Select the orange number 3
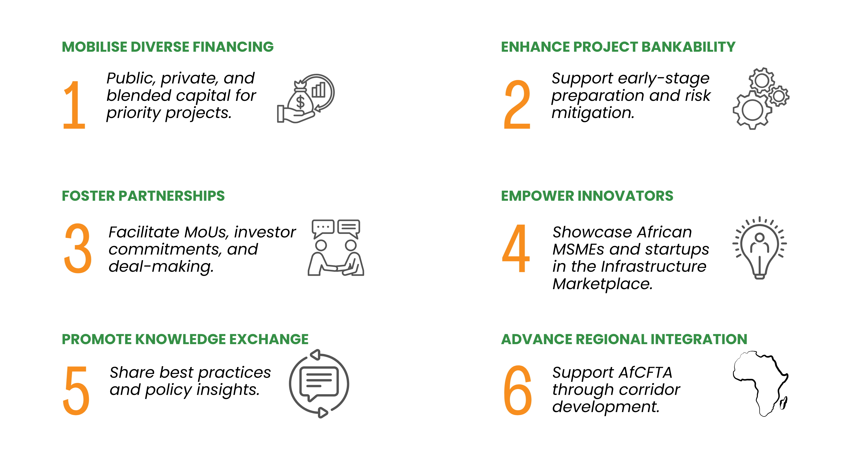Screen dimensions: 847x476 pos(78,248)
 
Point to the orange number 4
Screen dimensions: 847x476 pos(516,248)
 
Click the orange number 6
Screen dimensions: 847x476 pos(518,390)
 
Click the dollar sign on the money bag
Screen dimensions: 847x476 pos(300,102)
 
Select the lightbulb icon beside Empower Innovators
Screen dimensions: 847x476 pos(759,248)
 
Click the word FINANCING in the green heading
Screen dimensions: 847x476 pos(233,47)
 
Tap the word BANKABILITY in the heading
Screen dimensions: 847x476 pos(688,47)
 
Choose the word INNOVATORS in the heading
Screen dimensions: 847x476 pos(625,196)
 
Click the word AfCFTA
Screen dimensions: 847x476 pos(645,373)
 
